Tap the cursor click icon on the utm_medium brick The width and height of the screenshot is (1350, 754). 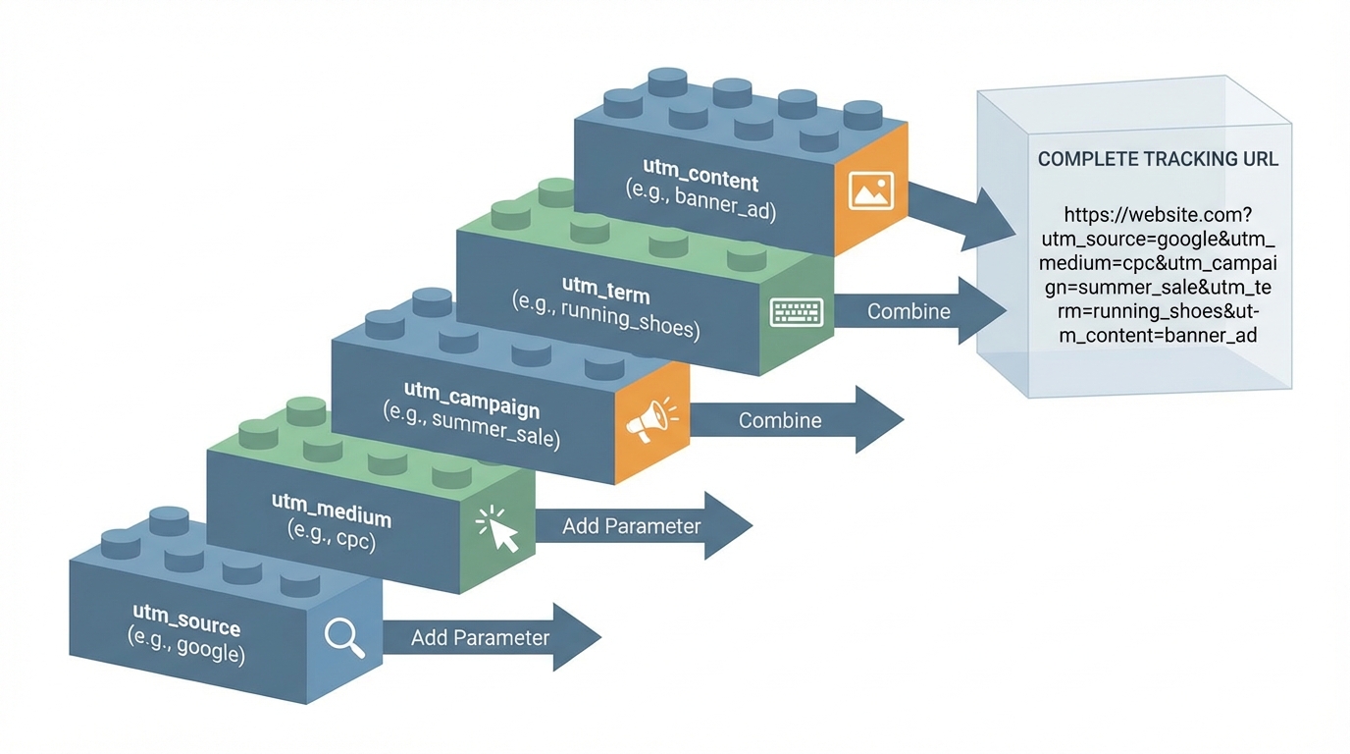coord(497,529)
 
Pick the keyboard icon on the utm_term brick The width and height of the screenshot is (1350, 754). coord(797,313)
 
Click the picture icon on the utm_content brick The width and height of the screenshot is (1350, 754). coord(870,191)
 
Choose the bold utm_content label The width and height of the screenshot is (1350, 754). coord(701,182)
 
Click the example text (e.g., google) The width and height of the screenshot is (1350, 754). coord(186,650)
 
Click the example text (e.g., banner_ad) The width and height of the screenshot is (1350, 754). coord(701,206)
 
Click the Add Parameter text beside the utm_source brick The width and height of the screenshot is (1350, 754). coord(480,637)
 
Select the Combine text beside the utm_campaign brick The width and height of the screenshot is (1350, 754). coord(780,420)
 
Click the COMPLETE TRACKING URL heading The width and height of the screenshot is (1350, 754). coord(1158,159)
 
